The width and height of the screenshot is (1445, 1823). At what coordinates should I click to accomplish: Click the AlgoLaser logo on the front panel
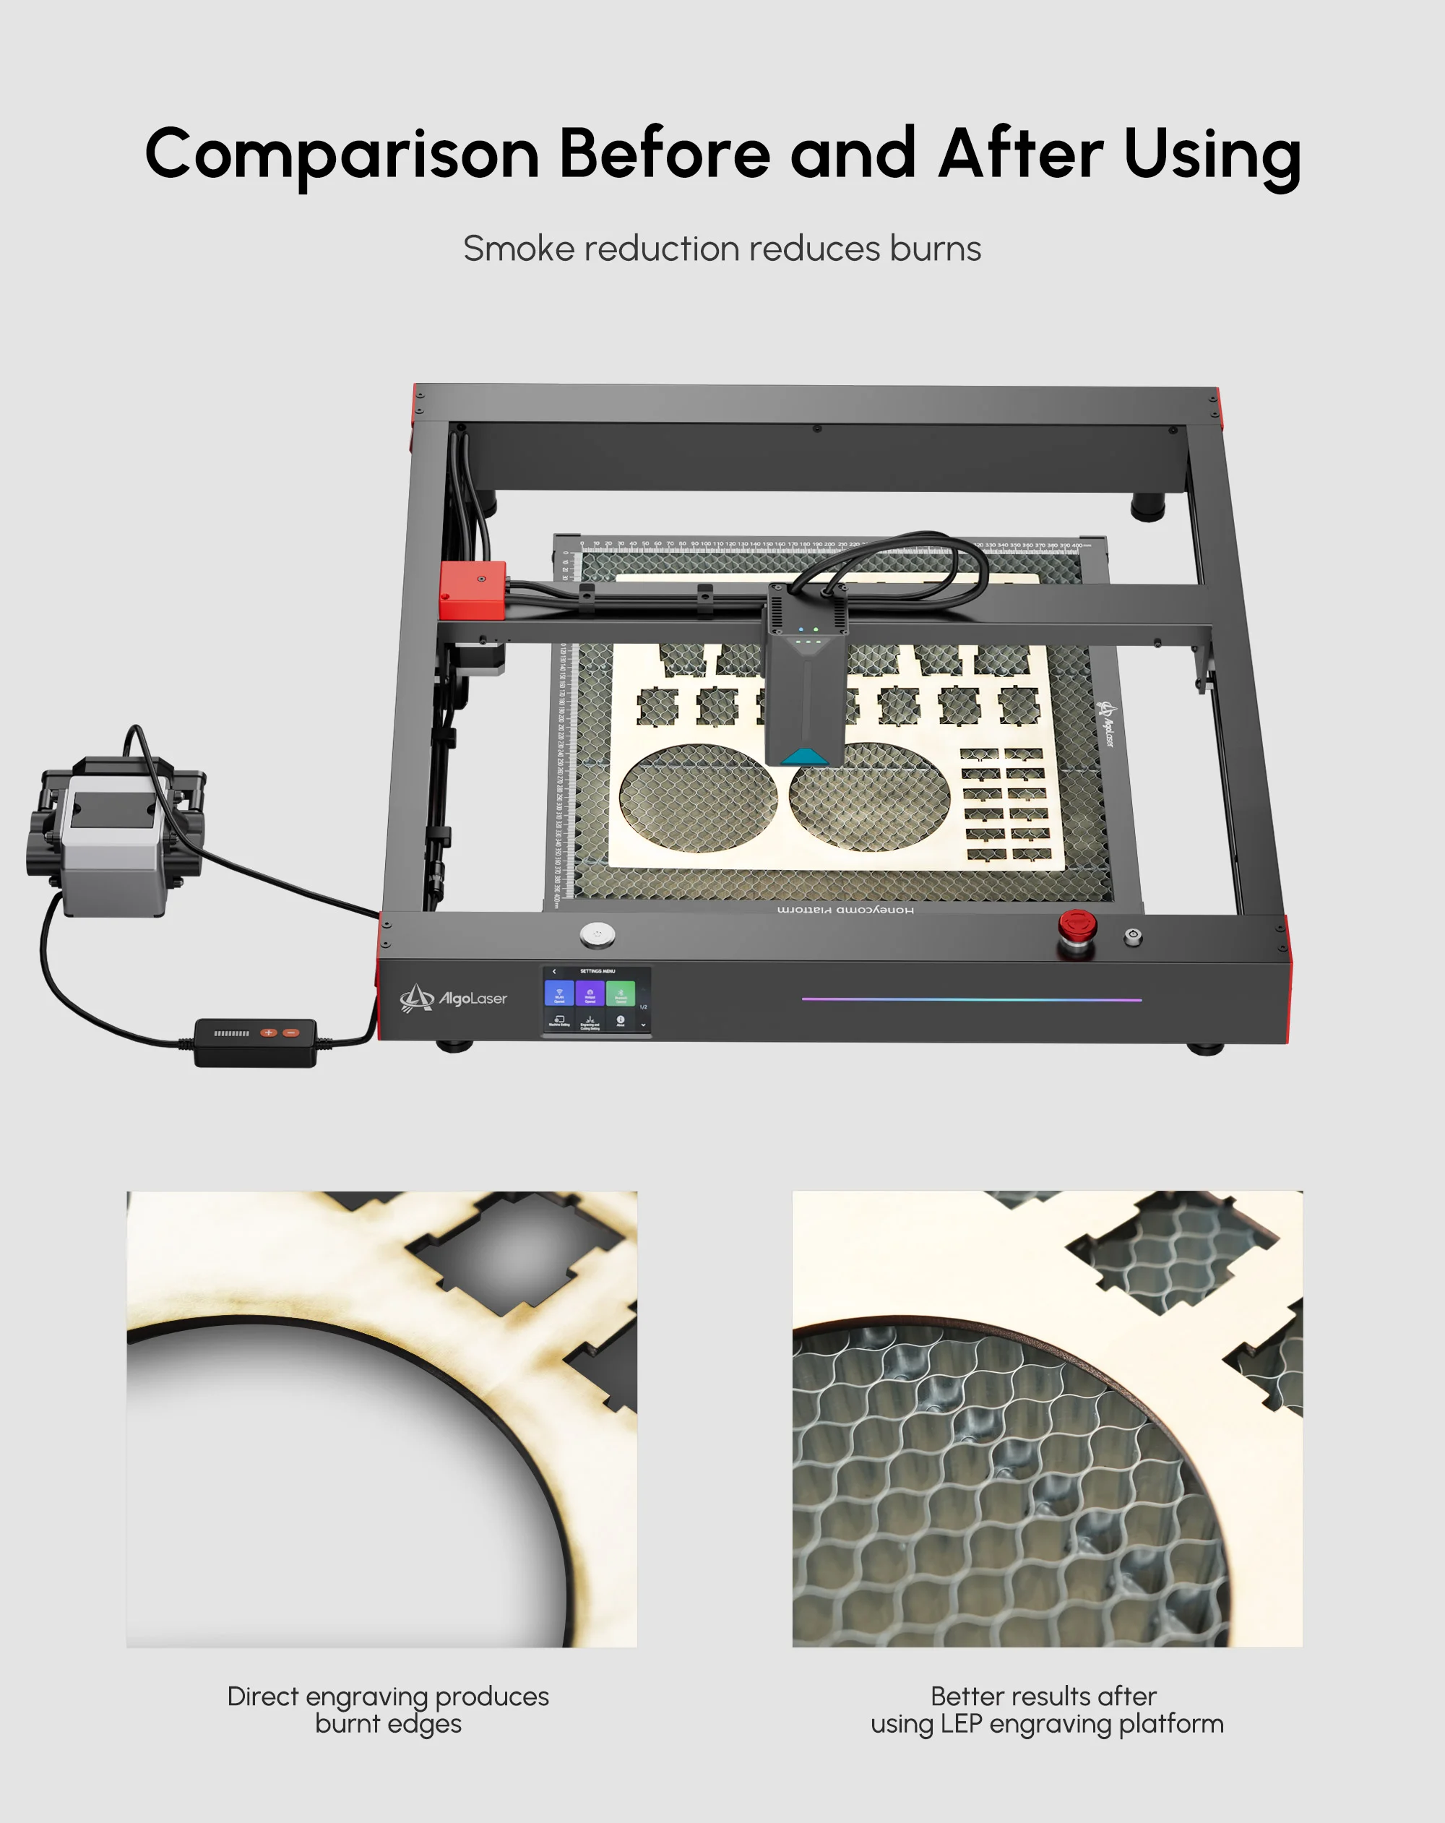tap(454, 999)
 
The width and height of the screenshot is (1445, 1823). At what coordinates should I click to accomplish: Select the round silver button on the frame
tap(598, 934)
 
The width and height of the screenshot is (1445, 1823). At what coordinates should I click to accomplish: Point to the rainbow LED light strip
tap(972, 999)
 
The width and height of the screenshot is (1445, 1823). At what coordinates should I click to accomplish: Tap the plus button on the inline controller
tap(269, 1033)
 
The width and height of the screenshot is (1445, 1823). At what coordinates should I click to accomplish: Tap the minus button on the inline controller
tap(291, 1033)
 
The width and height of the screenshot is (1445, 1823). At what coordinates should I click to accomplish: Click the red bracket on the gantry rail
tap(472, 590)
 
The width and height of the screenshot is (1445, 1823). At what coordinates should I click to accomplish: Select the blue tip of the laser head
tap(804, 756)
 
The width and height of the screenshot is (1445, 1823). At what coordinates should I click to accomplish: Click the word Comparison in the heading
tap(342, 155)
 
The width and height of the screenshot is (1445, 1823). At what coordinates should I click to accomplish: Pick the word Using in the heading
tap(1212, 155)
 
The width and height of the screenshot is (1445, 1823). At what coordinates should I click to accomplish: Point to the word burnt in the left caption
tap(346, 1723)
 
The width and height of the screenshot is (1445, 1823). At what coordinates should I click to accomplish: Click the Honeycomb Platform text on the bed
tap(845, 910)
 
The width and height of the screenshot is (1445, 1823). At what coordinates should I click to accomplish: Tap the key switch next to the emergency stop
tap(1133, 936)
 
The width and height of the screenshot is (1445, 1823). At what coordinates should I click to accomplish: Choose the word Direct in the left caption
tap(262, 1696)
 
